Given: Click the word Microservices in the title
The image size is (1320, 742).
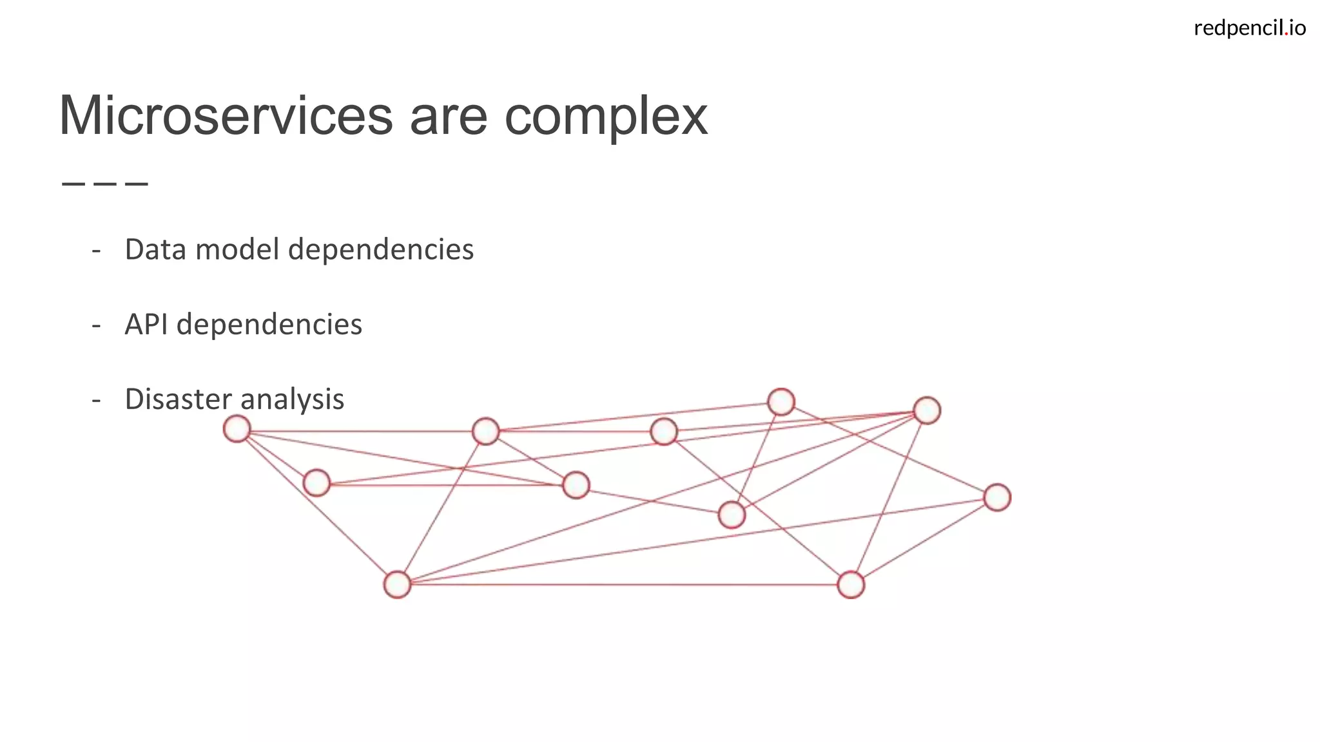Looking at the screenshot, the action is click(226, 117).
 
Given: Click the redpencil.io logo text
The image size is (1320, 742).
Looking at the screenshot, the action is click(1249, 28).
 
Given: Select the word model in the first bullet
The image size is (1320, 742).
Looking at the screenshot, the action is click(237, 250).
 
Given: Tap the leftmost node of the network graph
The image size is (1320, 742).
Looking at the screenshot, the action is click(237, 429).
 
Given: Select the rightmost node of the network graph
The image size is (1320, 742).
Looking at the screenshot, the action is click(997, 497).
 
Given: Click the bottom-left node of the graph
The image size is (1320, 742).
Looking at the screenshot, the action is click(397, 585).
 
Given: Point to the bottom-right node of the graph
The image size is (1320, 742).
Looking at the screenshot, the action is click(851, 585).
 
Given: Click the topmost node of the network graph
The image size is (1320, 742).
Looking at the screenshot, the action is click(781, 402).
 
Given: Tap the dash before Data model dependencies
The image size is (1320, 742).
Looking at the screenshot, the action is click(97, 251).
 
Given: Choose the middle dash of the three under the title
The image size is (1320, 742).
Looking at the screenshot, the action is click(105, 184).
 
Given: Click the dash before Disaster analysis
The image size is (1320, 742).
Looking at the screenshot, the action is click(97, 400).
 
